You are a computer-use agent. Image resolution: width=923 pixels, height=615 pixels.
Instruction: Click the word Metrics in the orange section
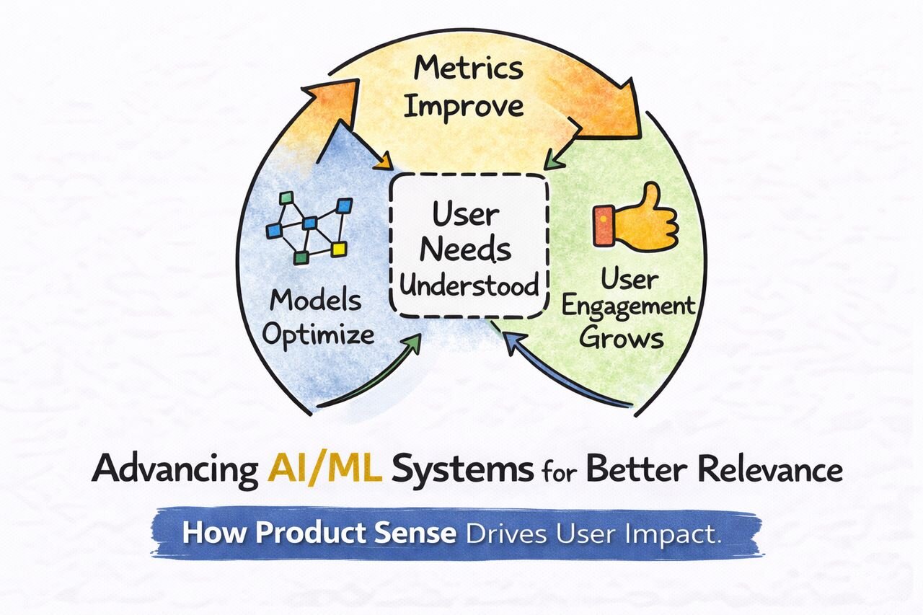click(469, 69)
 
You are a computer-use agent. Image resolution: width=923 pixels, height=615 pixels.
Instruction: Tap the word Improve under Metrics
click(463, 107)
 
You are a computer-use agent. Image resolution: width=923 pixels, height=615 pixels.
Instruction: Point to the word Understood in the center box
click(469, 285)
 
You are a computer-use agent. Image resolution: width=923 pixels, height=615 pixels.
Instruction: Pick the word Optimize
click(318, 335)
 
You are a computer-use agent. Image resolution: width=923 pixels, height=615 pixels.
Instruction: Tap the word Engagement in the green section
click(628, 306)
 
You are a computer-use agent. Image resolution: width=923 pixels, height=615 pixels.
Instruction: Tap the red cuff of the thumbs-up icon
click(603, 224)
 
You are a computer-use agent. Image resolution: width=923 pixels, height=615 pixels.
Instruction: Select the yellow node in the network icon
click(339, 249)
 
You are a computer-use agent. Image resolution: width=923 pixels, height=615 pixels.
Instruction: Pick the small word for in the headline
click(559, 472)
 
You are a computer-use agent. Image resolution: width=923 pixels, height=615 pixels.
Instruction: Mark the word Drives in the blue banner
click(507, 534)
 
